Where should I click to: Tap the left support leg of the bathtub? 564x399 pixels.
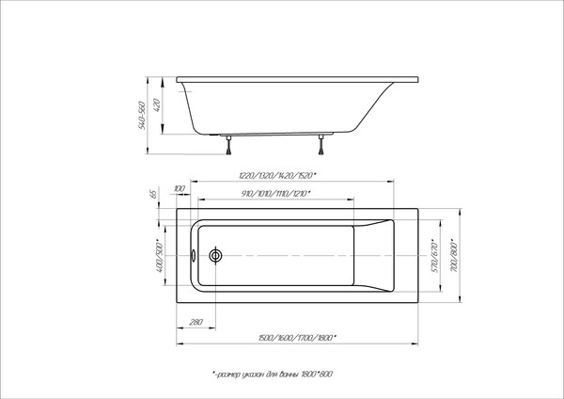227,143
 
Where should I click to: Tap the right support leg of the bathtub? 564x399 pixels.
321,143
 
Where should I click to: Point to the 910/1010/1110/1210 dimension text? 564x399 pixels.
275,195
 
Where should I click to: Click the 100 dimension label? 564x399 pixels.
180,192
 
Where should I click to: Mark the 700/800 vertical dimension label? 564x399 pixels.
454,252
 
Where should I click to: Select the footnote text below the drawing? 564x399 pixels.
274,375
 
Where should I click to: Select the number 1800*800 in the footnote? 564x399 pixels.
321,375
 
